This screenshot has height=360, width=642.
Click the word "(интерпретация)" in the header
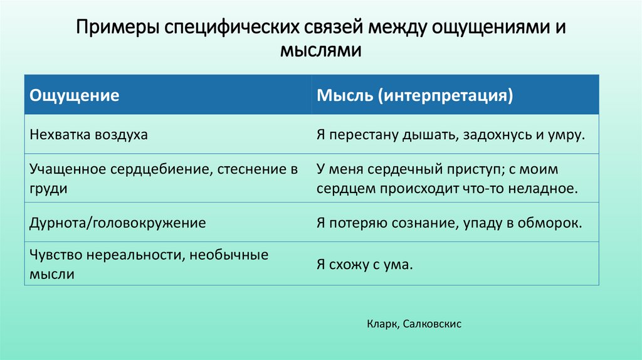coord(446,95)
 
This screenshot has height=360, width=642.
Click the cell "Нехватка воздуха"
coord(88,135)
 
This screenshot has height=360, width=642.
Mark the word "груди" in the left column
coord(48,188)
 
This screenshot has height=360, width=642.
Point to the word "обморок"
coord(557,223)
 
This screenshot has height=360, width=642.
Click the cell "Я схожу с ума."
coord(366,265)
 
